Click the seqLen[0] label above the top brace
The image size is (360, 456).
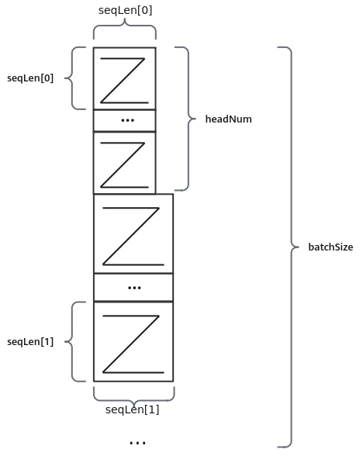coord(125,11)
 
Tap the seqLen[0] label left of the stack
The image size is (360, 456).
coord(30,78)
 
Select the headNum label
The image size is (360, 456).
coord(228,119)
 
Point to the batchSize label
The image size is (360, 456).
coord(331,247)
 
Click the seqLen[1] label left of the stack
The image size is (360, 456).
coord(30,342)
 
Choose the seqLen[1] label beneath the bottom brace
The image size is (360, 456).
coord(132,409)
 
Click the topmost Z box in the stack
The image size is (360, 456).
coord(125,78)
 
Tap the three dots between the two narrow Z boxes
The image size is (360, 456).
coord(127,120)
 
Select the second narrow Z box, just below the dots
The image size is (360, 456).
coord(125,163)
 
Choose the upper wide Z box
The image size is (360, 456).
coord(133,234)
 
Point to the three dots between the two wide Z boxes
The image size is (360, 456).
coord(134,288)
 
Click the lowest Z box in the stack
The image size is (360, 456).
coord(133,342)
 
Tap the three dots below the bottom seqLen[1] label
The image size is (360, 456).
coord(137,443)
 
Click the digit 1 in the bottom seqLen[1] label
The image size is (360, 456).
coord(152,409)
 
